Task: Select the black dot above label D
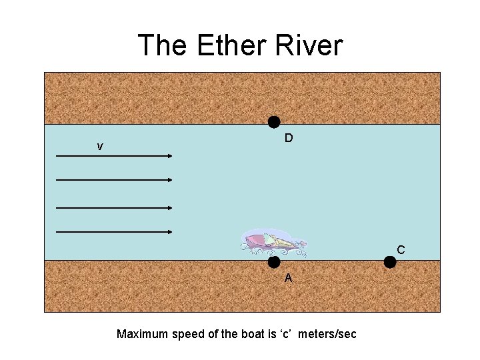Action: pos(274,121)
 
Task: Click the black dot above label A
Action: pos(274,262)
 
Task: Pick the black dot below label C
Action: pos(390,262)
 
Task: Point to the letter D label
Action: pos(289,139)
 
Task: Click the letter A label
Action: pos(288,278)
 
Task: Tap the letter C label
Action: pos(401,250)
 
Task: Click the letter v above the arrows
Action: pos(100,147)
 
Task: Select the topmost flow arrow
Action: pos(114,156)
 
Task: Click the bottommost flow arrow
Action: pos(114,232)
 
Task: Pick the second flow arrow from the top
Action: pos(114,180)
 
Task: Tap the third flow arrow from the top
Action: pos(114,208)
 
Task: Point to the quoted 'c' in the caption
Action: pos(281,334)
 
